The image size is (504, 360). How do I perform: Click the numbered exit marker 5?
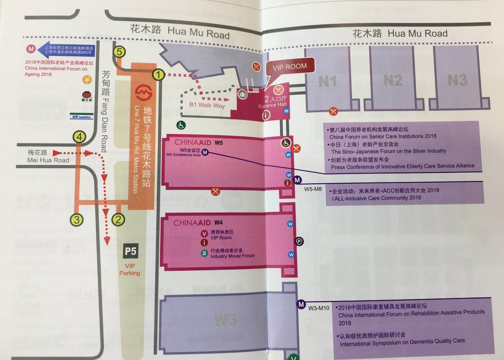click(120, 52)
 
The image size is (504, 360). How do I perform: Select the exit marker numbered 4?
click(79, 137)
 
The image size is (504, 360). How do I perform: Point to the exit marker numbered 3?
click(77, 220)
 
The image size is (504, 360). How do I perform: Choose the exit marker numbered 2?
click(118, 219)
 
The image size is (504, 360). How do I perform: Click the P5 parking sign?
click(130, 251)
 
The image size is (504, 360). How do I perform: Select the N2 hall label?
click(392, 80)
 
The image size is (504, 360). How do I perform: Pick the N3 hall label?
click(457, 80)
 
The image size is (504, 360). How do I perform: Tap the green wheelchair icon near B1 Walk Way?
click(181, 125)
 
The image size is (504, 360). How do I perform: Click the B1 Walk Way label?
click(207, 105)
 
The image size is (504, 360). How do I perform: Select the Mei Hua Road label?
click(48, 156)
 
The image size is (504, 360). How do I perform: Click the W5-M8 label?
click(313, 189)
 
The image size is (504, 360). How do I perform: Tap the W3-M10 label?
click(318, 308)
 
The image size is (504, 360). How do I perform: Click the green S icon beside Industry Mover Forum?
click(204, 253)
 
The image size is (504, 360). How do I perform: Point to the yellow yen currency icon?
click(87, 79)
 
